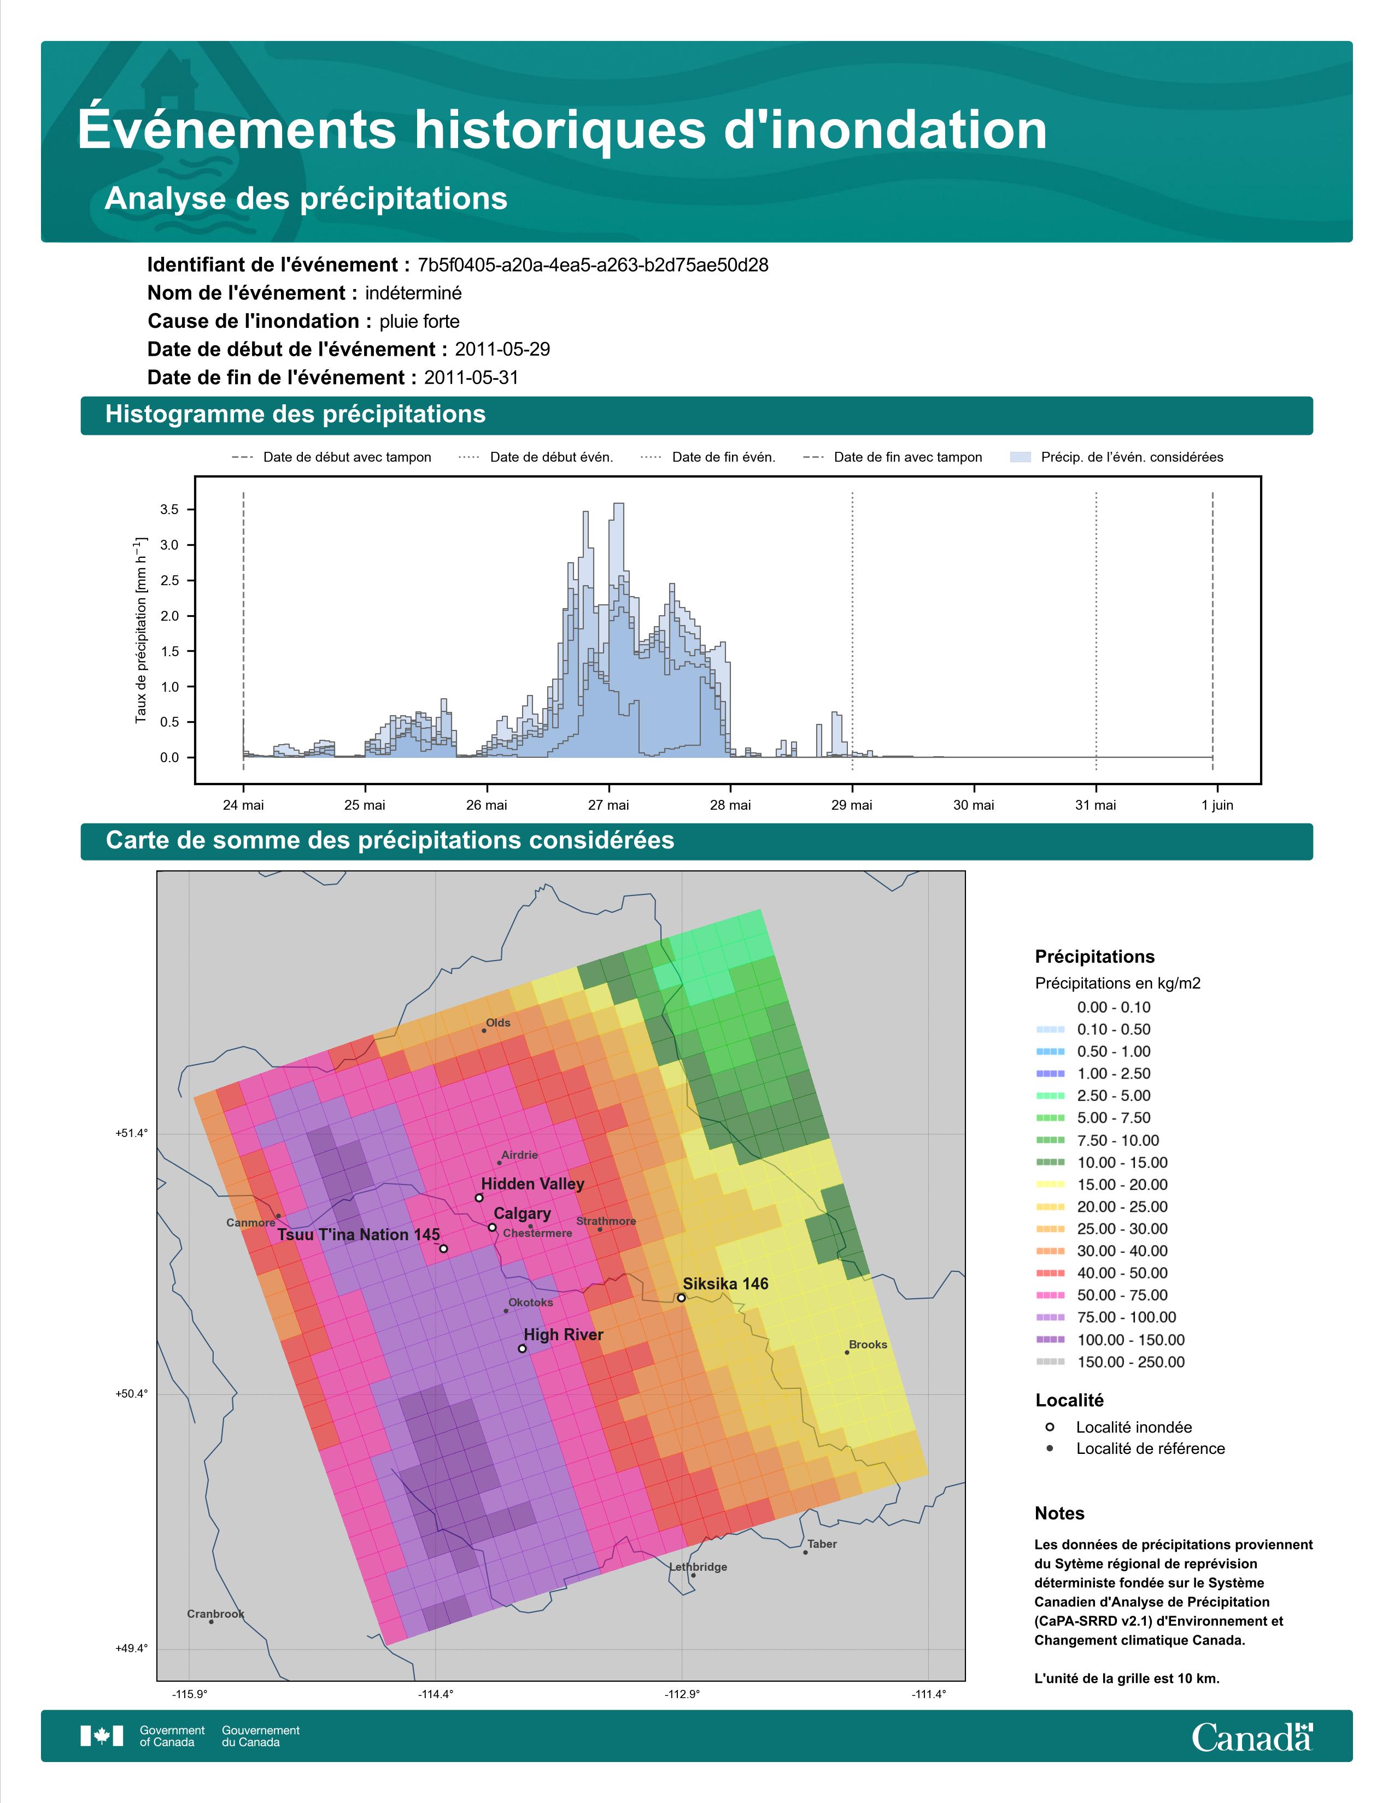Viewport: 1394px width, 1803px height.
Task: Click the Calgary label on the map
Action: [x=522, y=1213]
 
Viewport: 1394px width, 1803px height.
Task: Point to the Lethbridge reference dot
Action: [x=693, y=1575]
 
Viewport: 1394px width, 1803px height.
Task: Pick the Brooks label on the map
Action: [x=868, y=1344]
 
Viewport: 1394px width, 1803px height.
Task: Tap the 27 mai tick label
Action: [x=608, y=805]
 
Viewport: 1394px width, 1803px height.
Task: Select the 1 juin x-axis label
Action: [x=1217, y=805]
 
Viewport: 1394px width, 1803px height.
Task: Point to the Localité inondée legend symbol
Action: [x=1050, y=1427]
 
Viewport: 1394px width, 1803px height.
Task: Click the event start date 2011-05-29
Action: [x=502, y=349]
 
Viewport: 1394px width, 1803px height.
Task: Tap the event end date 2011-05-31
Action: [x=472, y=378]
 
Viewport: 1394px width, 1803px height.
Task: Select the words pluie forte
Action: [x=419, y=321]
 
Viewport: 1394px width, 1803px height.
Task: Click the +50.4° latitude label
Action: [x=131, y=1394]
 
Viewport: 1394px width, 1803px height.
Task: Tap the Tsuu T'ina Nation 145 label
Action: [x=359, y=1235]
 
